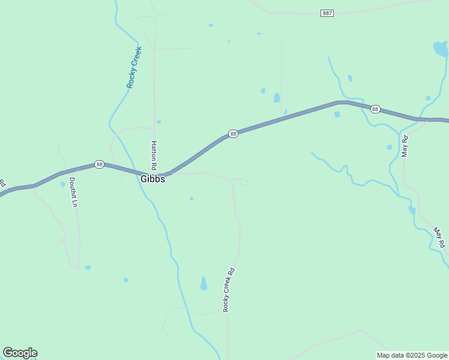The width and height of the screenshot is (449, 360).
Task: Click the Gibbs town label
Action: pos(152,179)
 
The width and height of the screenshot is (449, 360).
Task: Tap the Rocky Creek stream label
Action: pos(134,67)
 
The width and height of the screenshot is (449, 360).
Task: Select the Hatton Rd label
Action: pos(154,155)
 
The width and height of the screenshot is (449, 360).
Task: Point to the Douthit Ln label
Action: pos(73,192)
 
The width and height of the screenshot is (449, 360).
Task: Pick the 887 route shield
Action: pos(327,13)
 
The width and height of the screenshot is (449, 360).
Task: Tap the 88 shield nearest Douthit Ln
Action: pos(99,164)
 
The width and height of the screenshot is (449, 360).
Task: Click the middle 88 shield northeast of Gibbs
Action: pos(234,134)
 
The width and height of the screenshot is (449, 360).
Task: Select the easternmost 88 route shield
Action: pos(375,109)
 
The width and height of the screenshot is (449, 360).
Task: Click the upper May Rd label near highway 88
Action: pos(405,146)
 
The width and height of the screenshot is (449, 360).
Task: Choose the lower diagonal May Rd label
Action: pos(440,238)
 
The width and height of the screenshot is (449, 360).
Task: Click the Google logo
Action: pos(20,353)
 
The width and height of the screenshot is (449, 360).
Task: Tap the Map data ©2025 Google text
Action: pos(411,355)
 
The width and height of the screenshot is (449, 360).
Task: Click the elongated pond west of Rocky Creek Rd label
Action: pos(203,283)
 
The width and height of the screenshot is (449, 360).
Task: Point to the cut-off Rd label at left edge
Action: pos(2,182)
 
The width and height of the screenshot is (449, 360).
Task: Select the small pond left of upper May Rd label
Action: pos(390,146)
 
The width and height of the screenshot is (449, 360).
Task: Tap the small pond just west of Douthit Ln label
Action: pos(62,184)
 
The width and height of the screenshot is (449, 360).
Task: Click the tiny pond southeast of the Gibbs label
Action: pos(191,199)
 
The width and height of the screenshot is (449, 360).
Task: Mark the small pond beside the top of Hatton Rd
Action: pos(158,122)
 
